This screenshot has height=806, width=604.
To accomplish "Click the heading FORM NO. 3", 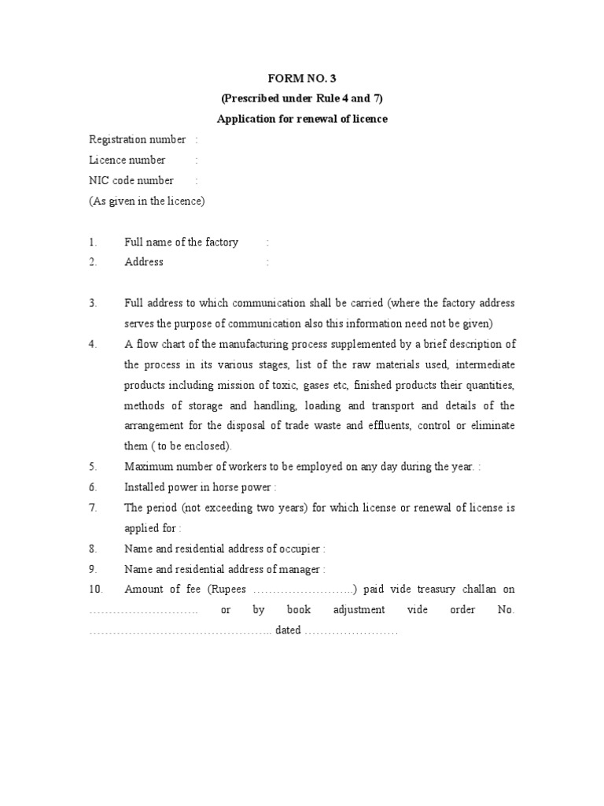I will point(302,79).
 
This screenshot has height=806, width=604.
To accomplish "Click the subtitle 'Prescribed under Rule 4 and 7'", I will point(302,98).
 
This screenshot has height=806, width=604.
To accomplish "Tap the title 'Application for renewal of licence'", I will point(302,119).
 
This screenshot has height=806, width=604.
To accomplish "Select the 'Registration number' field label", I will point(138,140).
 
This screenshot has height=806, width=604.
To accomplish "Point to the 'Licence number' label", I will point(127,161).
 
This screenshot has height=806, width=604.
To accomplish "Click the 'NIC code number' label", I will point(131,180).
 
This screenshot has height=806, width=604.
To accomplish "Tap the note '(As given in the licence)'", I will point(147,201).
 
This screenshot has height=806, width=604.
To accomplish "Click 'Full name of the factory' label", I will point(181,242).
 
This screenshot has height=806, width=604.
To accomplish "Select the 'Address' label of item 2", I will point(144,262).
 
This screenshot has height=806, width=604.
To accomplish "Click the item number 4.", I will point(93,344).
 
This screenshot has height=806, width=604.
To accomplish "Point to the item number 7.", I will point(93,508).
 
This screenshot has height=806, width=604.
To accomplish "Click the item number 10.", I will point(95,590).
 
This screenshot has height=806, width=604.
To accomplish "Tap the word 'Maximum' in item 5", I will point(148,467).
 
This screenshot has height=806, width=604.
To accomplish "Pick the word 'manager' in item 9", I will point(300,569).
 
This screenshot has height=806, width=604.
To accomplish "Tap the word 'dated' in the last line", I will point(289,630).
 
